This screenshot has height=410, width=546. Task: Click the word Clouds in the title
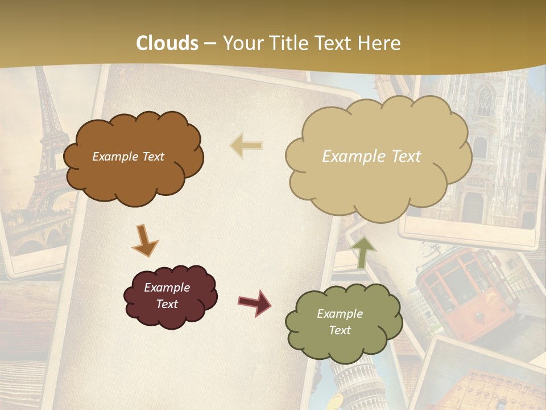(x=167, y=43)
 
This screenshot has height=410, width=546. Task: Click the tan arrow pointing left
(x=247, y=145)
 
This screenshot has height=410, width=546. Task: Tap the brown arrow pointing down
(x=144, y=240)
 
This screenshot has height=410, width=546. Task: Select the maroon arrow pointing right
(x=255, y=302)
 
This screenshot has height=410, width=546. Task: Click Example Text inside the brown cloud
(x=128, y=157)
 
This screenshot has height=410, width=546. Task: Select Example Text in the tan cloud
(x=371, y=157)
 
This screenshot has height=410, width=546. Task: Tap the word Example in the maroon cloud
(x=167, y=288)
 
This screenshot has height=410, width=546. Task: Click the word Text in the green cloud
(x=340, y=330)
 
